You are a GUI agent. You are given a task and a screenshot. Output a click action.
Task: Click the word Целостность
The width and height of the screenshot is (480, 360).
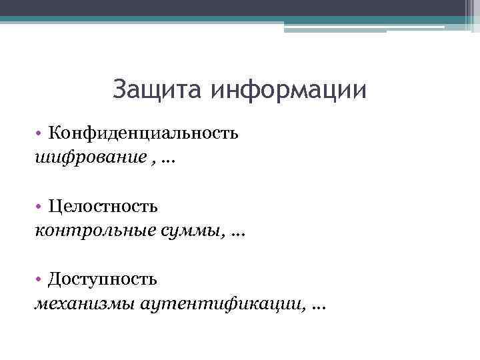tap(103, 206)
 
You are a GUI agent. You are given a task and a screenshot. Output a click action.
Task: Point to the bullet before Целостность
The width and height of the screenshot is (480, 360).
tap(41, 207)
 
